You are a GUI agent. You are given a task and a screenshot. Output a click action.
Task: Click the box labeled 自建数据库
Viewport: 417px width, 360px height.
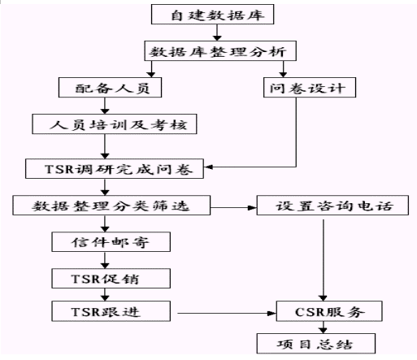click(x=212, y=15)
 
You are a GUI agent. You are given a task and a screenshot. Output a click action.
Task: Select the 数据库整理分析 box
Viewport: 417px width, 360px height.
click(x=220, y=51)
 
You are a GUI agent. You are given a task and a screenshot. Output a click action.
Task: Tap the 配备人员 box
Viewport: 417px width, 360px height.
click(x=110, y=88)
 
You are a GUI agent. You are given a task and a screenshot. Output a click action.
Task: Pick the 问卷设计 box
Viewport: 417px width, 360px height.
click(x=310, y=88)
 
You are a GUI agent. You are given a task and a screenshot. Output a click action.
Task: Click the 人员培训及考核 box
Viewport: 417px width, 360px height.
click(x=115, y=124)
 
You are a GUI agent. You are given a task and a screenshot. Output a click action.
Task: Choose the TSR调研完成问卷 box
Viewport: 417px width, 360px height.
click(x=115, y=169)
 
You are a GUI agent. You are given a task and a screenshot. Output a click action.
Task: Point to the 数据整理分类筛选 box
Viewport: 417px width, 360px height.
click(x=111, y=206)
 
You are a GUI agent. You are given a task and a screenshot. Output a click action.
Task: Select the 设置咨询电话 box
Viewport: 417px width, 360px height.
click(x=332, y=206)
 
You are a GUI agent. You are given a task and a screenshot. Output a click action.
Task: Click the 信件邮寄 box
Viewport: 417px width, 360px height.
click(x=111, y=242)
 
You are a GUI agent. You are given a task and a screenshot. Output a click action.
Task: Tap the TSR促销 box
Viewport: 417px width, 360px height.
click(x=111, y=279)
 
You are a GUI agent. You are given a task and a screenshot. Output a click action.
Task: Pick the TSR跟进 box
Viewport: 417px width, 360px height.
click(x=111, y=311)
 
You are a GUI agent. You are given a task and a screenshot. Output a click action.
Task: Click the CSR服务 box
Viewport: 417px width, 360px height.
click(x=329, y=311)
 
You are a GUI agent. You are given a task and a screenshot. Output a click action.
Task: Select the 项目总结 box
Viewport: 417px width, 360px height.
click(x=316, y=344)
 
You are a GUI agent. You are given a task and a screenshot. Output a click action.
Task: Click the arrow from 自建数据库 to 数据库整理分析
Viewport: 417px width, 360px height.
click(x=217, y=33)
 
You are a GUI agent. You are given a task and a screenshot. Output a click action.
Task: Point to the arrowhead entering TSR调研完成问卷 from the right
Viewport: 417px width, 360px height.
click(x=208, y=167)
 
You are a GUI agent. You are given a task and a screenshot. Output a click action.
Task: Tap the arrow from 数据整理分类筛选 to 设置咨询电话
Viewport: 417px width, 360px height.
click(x=233, y=208)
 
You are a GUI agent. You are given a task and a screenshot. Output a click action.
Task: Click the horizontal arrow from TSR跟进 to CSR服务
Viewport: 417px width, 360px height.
click(x=227, y=314)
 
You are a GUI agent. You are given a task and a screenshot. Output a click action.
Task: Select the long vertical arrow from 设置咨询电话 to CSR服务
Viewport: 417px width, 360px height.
click(x=324, y=260)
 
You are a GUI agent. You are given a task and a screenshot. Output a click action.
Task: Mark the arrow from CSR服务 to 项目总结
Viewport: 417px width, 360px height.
click(x=323, y=327)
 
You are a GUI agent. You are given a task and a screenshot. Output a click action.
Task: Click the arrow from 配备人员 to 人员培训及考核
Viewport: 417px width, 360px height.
click(x=105, y=106)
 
